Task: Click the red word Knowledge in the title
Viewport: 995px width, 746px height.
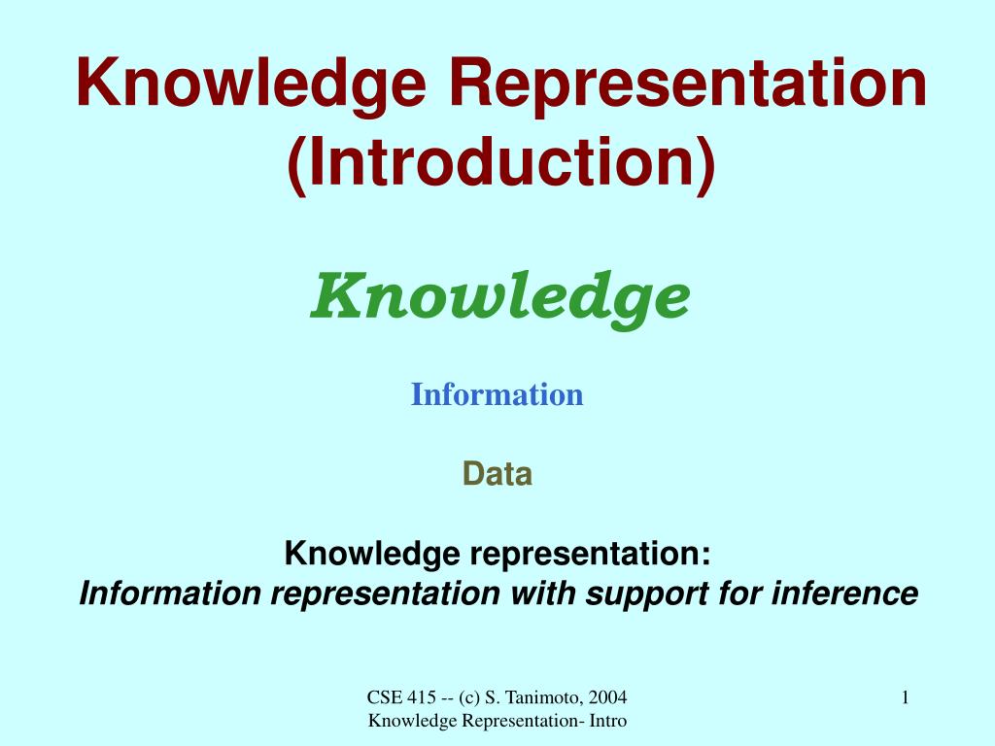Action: [251, 83]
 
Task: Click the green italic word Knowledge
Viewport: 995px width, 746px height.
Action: [500, 296]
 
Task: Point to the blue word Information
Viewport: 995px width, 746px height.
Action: [497, 394]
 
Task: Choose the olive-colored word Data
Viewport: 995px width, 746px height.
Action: [497, 474]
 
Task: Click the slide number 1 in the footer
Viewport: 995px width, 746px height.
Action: [905, 696]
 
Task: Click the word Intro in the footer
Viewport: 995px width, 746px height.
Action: [606, 720]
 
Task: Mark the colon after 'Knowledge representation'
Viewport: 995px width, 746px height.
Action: [705, 557]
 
